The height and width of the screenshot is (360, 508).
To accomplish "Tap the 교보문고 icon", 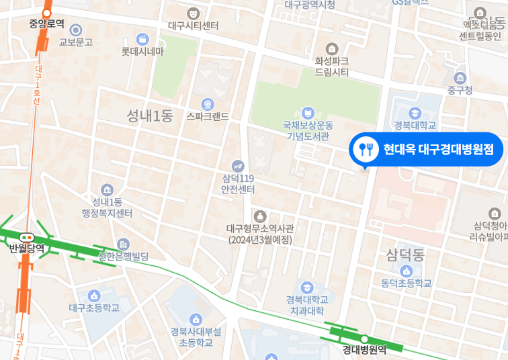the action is tap(76, 30).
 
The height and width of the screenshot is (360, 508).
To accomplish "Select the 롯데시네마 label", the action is tap(142, 51).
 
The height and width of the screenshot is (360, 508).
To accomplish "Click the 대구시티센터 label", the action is tap(194, 26).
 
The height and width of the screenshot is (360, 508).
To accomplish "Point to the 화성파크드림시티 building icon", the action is tap(331, 49).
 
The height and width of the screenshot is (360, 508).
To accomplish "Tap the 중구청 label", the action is tap(460, 90).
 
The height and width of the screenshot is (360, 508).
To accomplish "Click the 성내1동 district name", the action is tap(150, 116).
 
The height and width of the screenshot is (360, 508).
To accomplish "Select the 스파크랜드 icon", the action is tap(208, 104).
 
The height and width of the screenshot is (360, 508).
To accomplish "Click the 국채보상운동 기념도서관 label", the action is tap(308, 130).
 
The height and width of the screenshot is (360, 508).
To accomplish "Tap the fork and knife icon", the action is tap(366, 149).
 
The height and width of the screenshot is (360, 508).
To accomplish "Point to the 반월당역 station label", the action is tap(27, 249).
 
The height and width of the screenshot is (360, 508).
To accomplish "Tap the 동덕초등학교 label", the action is tap(406, 283).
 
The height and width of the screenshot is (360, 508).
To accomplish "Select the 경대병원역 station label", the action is tap(364, 349).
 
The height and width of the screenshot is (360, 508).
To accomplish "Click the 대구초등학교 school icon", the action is tap(94, 295).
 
